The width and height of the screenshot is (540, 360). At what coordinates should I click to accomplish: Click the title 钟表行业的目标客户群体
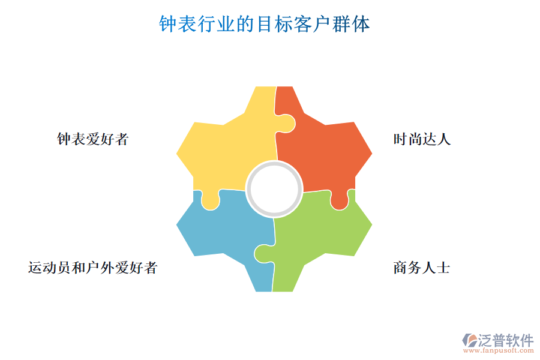coord(264,25)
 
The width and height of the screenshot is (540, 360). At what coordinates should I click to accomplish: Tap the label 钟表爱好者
coord(93,139)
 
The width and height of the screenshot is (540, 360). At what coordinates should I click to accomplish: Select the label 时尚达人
coord(422,139)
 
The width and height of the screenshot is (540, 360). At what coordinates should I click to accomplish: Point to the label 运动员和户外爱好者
coord(93,267)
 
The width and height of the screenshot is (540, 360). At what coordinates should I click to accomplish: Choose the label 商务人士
coord(422,267)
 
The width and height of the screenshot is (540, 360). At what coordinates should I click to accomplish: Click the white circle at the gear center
coord(274,188)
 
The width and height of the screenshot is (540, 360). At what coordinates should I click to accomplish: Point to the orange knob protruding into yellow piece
coord(287,124)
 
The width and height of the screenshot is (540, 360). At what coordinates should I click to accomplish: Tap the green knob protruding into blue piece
coord(262,253)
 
